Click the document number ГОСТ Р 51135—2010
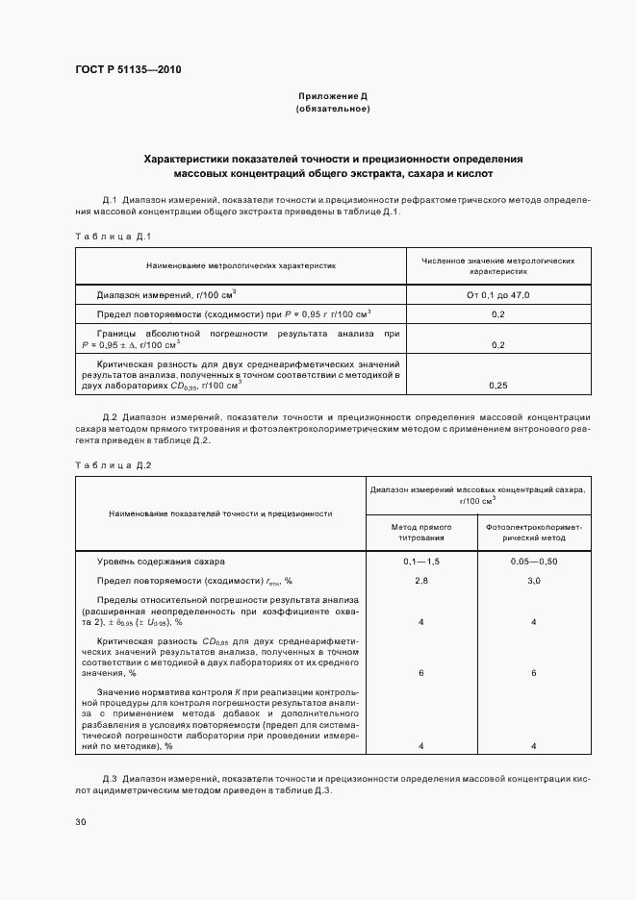tap(128, 70)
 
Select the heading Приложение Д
tap(332, 97)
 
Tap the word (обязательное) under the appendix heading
tap(332, 110)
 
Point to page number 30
tap(81, 821)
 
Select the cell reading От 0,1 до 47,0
tap(498, 295)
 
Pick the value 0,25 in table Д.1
tap(498, 385)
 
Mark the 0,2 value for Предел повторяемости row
tap(498, 314)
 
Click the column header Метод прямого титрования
tap(420, 534)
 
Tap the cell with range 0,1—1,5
tap(420, 561)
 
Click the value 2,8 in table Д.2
tap(420, 581)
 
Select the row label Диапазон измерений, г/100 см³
tap(167, 295)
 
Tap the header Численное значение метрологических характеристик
tap(498, 265)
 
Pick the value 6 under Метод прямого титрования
tap(420, 673)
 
